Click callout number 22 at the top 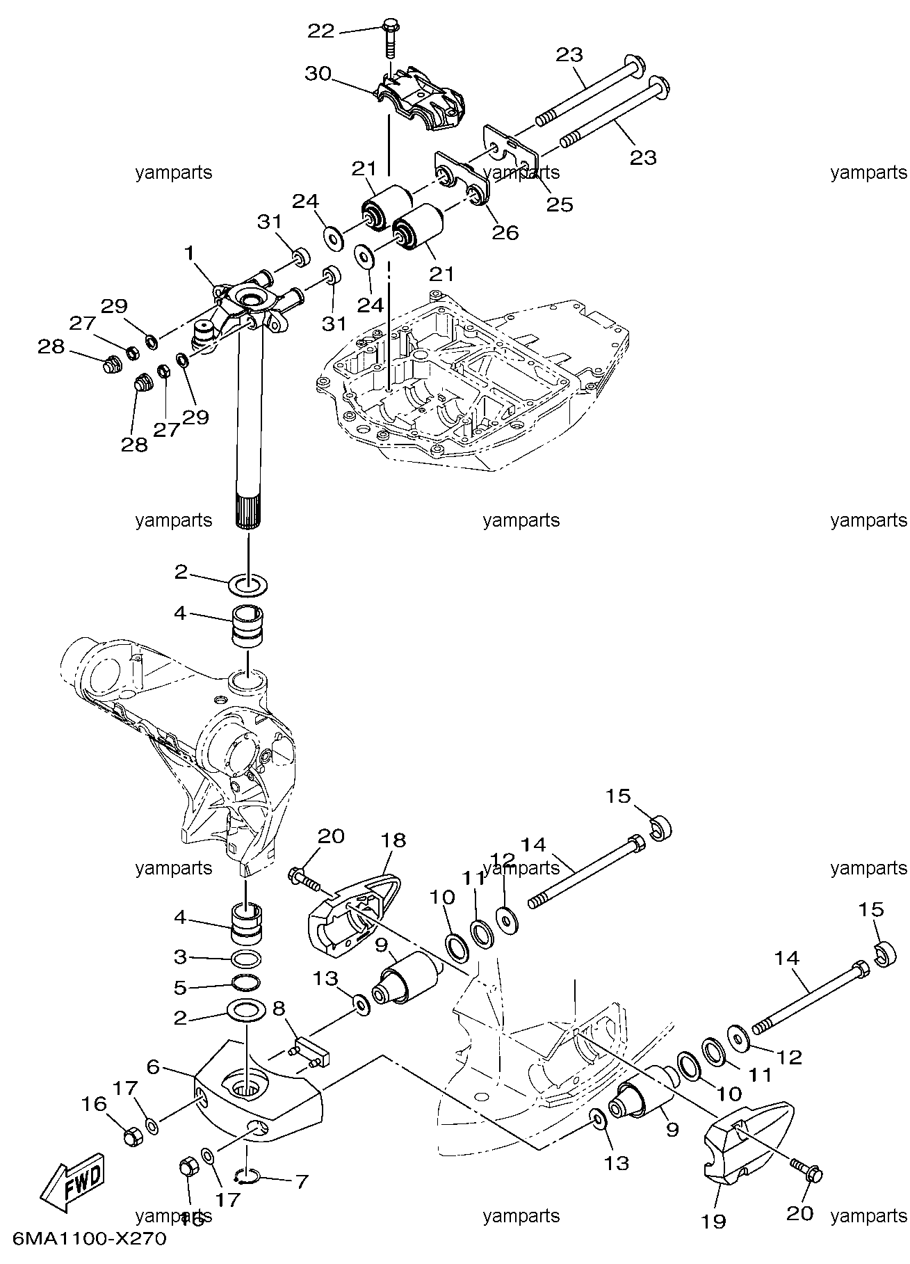[320, 31]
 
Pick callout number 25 [560, 204]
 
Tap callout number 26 [505, 232]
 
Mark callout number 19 [715, 1221]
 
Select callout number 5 [180, 986]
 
